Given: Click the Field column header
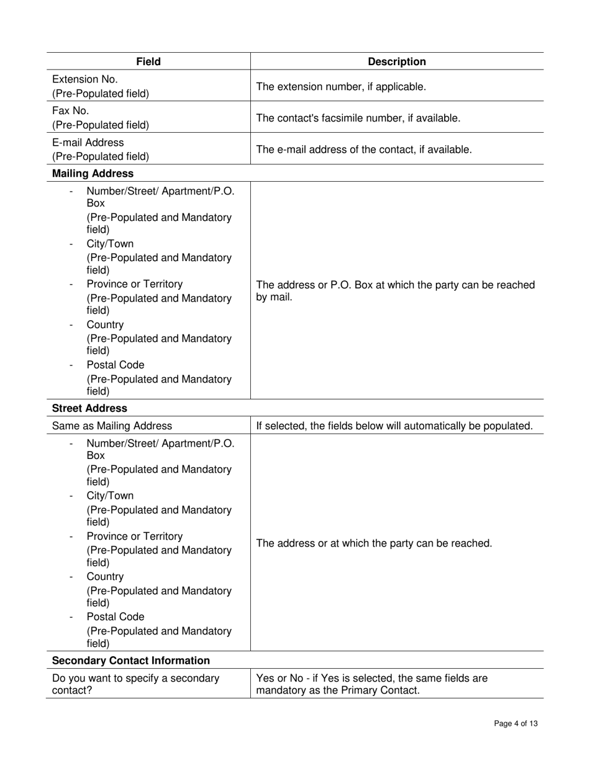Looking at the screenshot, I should click(148, 61).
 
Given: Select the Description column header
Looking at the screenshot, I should click(397, 61).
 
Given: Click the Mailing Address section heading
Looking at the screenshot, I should click(93, 173).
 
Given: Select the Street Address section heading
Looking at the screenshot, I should click(89, 408).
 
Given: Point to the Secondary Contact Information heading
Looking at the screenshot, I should click(131, 660).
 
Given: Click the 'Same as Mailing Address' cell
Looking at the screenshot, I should click(112, 426).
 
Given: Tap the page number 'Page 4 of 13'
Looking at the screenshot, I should click(515, 723).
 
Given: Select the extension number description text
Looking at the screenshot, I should click(341, 86).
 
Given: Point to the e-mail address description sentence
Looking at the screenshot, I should click(364, 149).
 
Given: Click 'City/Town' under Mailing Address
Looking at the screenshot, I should click(110, 244).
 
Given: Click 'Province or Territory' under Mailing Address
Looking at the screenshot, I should click(135, 284).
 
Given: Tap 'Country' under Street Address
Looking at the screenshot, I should click(105, 576).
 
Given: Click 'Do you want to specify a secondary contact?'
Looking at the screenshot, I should click(135, 684).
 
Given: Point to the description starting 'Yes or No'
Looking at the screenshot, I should click(372, 684).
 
